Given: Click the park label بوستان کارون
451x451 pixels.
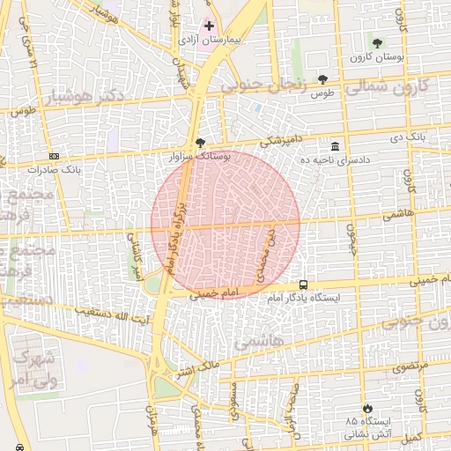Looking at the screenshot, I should tap(376, 57).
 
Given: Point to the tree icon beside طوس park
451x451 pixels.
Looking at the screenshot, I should tap(322, 80).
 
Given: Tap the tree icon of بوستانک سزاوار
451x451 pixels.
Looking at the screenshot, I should tap(201, 143).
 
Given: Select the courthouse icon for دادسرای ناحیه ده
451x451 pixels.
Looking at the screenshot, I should tap(335, 147).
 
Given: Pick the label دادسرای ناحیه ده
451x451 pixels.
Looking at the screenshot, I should tap(335, 160).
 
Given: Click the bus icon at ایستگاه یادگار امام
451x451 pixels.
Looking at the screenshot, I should tap(304, 285).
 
